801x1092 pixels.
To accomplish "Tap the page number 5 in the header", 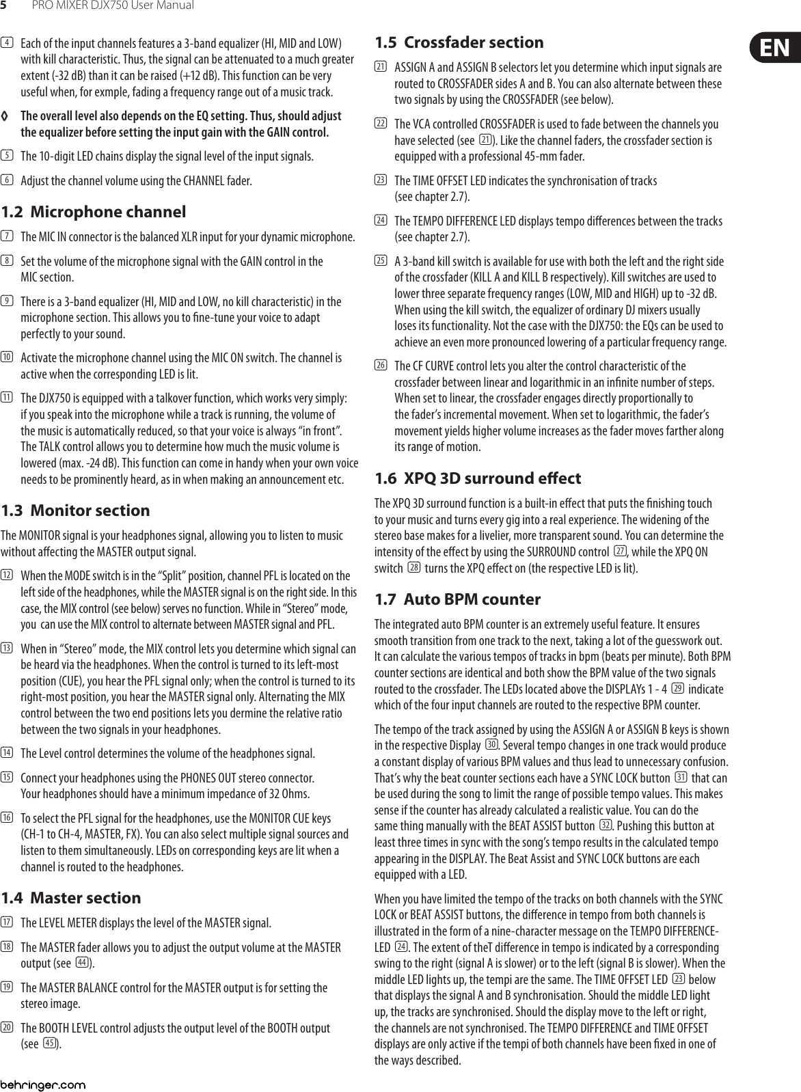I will tap(4, 6).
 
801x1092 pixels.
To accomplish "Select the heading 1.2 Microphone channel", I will tap(94, 212).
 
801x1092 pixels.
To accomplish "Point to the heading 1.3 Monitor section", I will tap(76, 510).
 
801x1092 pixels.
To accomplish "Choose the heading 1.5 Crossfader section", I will tap(459, 42).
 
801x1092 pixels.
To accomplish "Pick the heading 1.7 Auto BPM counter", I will tap(458, 599).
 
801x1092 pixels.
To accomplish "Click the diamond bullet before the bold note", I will tap(6, 116).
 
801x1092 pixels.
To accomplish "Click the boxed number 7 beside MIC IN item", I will tap(7, 237).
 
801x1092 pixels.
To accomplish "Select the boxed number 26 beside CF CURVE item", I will tap(380, 366).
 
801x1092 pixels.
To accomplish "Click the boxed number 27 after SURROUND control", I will tap(620, 551).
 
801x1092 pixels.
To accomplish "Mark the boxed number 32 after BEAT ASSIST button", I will tap(605, 825).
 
